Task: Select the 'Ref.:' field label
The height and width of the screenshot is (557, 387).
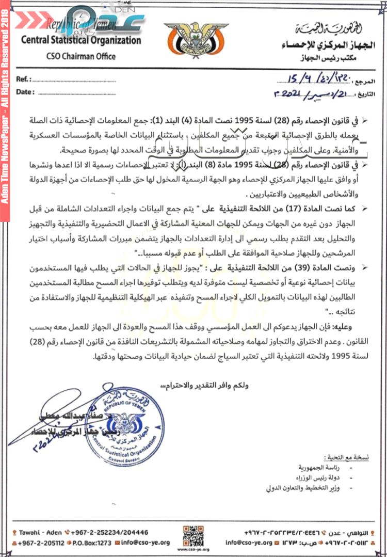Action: coord(24,79)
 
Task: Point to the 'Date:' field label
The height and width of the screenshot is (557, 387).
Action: coord(25,92)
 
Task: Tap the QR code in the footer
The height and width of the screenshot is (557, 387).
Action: coord(193,535)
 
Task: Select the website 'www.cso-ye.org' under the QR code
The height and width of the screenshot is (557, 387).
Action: coord(193,550)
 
